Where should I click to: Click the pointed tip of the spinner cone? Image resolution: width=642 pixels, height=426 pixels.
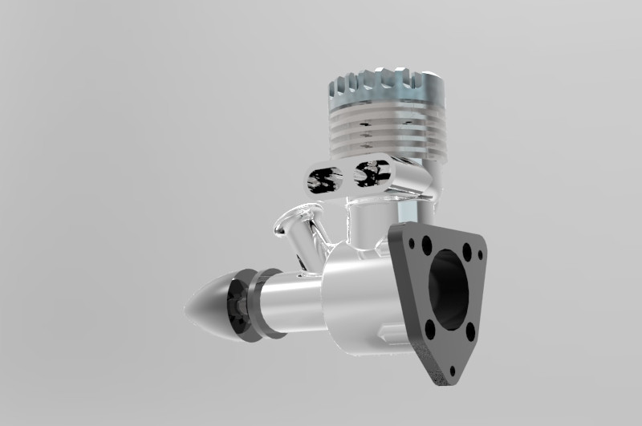187,308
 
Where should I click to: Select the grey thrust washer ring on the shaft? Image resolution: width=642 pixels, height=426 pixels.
262,305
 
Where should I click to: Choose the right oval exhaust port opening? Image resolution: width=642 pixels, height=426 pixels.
372,172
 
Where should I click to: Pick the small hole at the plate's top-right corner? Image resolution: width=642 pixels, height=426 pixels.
481,255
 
